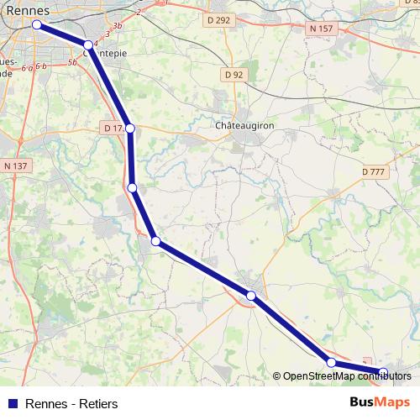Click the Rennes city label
28,11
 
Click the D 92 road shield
234,75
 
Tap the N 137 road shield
16,166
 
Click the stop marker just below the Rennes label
37,25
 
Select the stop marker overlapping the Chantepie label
88,45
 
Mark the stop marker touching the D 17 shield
130,129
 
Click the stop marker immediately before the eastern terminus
331,362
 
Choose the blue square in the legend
13,404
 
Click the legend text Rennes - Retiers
72,404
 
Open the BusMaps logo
380,403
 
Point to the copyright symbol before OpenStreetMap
276,376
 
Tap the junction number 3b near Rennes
118,26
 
